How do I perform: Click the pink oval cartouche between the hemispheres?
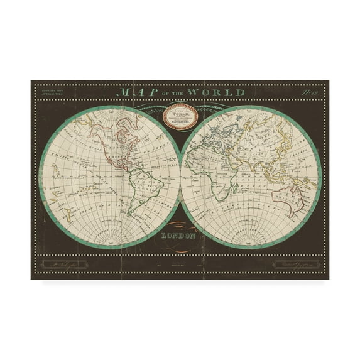pyautogui.click(x=180, y=117)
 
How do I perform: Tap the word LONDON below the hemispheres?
pyautogui.click(x=180, y=237)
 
